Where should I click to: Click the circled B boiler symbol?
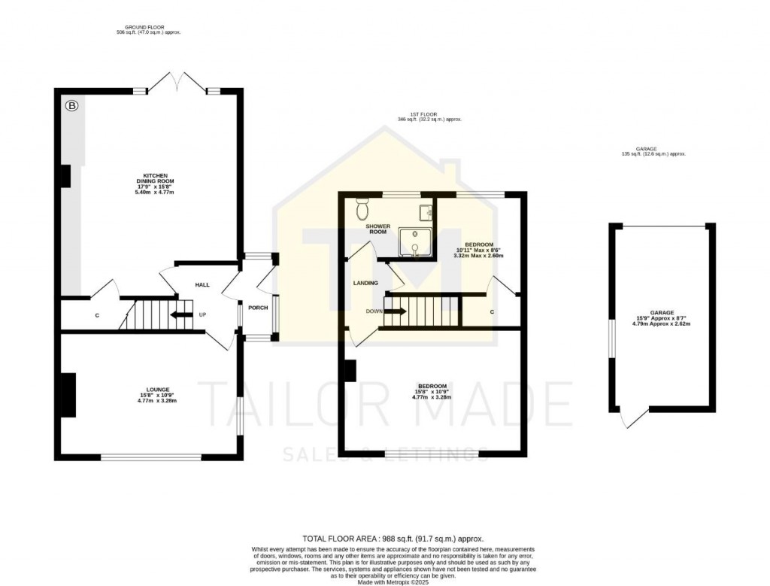[x=71, y=106]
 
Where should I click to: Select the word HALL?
[x=202, y=285]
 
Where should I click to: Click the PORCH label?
[x=258, y=307]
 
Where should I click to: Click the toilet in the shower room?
[x=362, y=208]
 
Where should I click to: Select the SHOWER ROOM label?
[x=377, y=229]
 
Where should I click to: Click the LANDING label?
[x=365, y=283]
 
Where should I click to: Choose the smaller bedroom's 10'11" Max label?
[x=478, y=250]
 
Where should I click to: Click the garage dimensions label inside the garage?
[x=662, y=317]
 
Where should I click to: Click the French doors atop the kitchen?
[x=177, y=81]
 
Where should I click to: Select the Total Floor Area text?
[x=393, y=539]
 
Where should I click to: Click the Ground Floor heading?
[x=145, y=29]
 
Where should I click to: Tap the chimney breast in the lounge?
[x=68, y=395]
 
